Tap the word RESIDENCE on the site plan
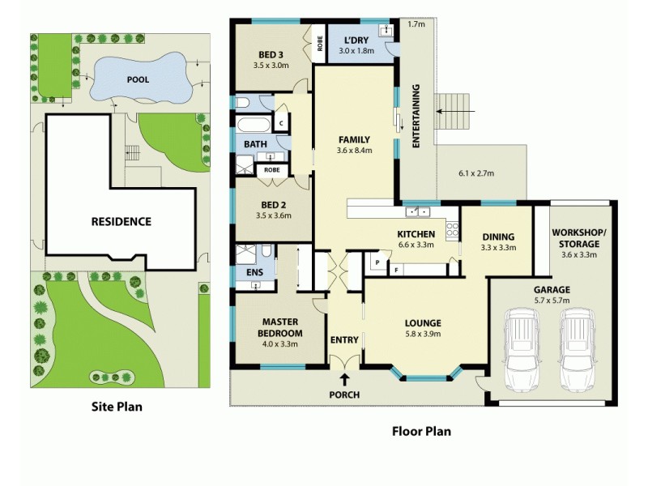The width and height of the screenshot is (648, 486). point(121,221)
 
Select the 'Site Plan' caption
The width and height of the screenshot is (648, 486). point(116,407)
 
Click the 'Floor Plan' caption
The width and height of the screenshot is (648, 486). point(421,431)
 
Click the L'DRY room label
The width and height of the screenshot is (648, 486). point(357,42)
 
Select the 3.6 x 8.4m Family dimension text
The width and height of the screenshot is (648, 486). point(354,150)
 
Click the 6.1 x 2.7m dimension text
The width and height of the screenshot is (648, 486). point(476,173)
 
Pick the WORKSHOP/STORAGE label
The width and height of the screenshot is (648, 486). point(575,238)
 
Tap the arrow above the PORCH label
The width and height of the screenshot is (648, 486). point(344,378)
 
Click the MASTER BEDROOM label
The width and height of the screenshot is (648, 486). point(279,327)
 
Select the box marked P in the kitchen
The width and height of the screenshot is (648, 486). point(377,262)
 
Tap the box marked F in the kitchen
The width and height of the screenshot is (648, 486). point(397,268)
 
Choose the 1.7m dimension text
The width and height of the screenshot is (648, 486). point(416,25)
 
